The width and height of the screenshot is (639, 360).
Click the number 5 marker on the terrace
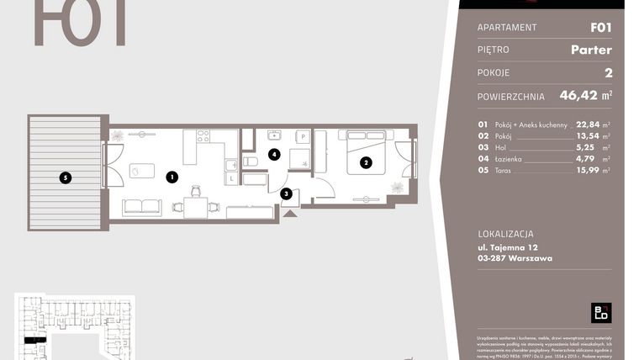(x=65, y=177)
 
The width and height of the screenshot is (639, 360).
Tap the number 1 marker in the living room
(x=172, y=177)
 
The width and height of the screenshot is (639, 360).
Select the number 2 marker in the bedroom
(x=366, y=162)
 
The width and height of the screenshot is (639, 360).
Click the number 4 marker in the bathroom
(x=273, y=154)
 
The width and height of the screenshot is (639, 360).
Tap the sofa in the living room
(x=142, y=207)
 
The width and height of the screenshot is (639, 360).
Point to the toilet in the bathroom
(x=251, y=161)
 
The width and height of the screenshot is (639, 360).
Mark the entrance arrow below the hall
(x=290, y=214)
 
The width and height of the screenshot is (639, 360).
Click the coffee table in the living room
(x=141, y=171)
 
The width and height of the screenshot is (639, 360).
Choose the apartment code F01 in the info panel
(x=600, y=27)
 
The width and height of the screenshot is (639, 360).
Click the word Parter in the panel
(x=590, y=50)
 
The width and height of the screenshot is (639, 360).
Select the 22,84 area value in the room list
(x=589, y=124)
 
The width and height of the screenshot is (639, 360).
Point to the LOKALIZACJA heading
(x=505, y=234)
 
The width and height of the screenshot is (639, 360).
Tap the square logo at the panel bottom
(x=601, y=312)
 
